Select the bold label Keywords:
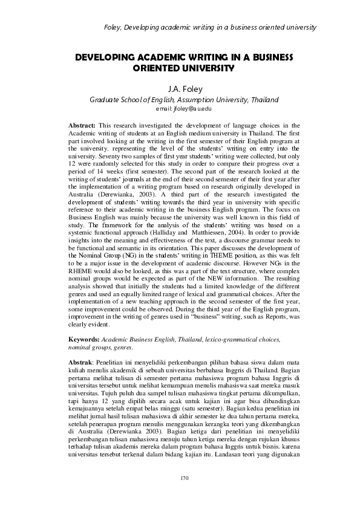(83, 341)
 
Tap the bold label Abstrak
(80, 361)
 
